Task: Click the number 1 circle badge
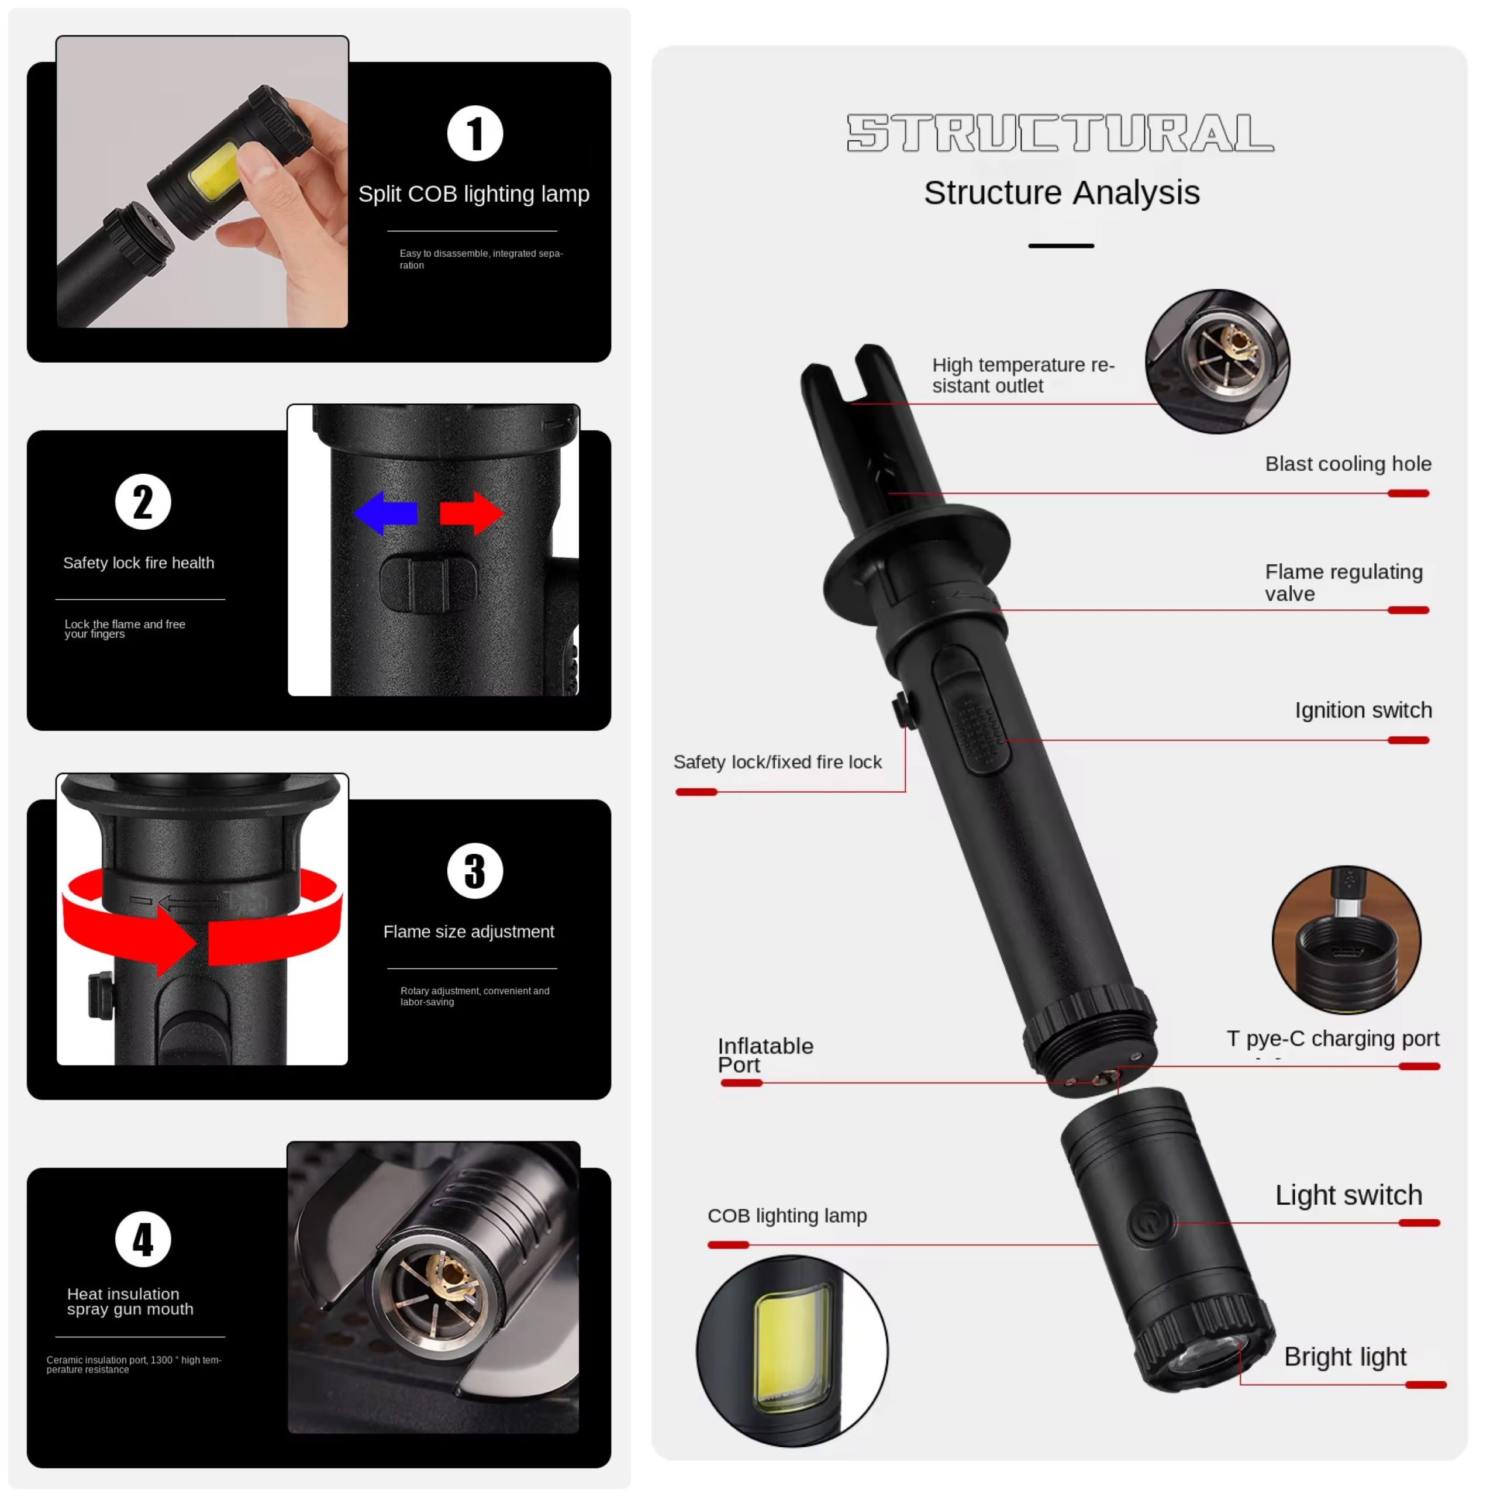pyautogui.click(x=475, y=133)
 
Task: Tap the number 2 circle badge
pyautogui.click(x=143, y=501)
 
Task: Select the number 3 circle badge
pyautogui.click(x=475, y=870)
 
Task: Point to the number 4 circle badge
pyautogui.click(x=143, y=1239)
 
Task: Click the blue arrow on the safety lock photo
pyautogui.click(x=385, y=512)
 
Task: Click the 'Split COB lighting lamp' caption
pyautogui.click(x=474, y=194)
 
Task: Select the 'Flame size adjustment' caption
pyautogui.click(x=469, y=932)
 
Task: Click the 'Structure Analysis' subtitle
pyautogui.click(x=1061, y=193)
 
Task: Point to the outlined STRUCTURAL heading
pyautogui.click(x=1061, y=133)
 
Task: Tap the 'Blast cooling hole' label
pyautogui.click(x=1348, y=463)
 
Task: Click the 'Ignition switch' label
pyautogui.click(x=1364, y=710)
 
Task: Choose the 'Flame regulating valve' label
pyautogui.click(x=1344, y=582)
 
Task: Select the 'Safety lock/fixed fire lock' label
pyautogui.click(x=777, y=762)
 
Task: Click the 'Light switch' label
pyautogui.click(x=1349, y=1195)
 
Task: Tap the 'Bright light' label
pyautogui.click(x=1345, y=1356)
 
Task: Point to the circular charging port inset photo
pyautogui.click(x=1347, y=939)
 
